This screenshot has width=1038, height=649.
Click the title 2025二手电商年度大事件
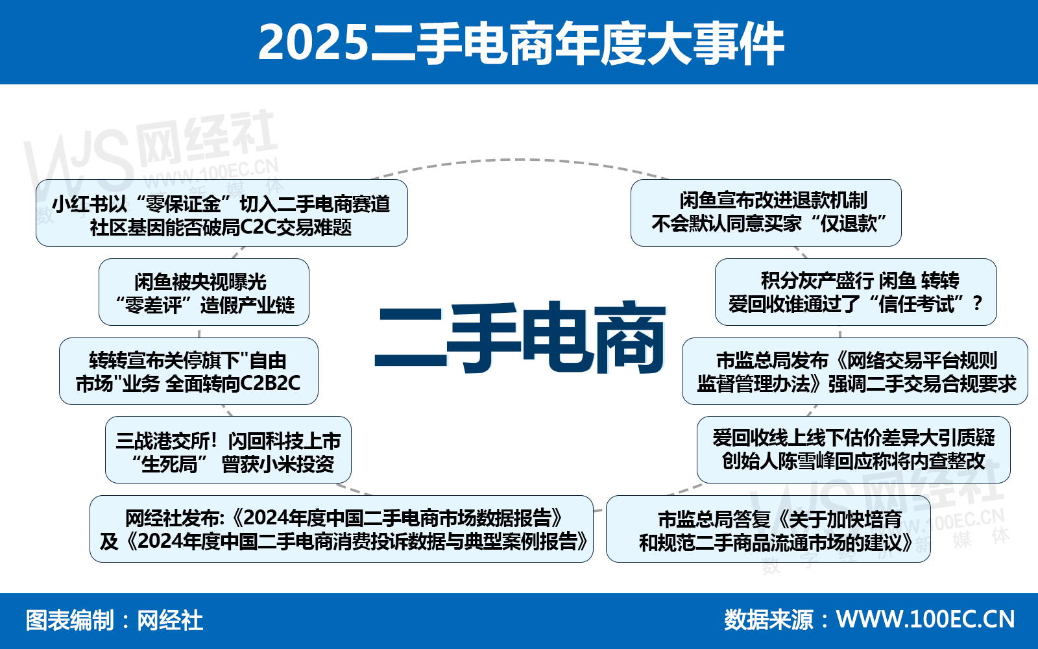tap(521, 43)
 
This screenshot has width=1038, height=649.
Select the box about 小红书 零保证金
tap(221, 214)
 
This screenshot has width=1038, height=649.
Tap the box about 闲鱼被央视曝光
tap(204, 293)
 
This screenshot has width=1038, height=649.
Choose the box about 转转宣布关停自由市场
tap(188, 372)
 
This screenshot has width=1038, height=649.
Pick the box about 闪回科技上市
tap(228, 451)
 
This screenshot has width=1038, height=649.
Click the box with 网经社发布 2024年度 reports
tap(341, 529)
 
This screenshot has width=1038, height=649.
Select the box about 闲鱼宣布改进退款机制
tap(766, 213)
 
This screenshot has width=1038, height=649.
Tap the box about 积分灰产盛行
tap(855, 292)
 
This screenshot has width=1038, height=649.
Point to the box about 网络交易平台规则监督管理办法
tap(855, 372)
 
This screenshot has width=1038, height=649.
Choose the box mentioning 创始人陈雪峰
tap(853, 450)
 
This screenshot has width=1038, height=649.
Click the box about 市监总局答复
tap(768, 529)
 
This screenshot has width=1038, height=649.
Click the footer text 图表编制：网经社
tap(114, 620)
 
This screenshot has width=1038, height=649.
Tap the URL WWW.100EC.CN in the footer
tap(925, 619)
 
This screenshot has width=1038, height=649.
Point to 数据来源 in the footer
tap(768, 620)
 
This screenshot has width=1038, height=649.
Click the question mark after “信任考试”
tap(978, 303)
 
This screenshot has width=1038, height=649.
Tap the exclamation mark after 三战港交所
tap(213, 441)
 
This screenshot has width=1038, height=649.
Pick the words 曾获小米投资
tap(278, 464)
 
